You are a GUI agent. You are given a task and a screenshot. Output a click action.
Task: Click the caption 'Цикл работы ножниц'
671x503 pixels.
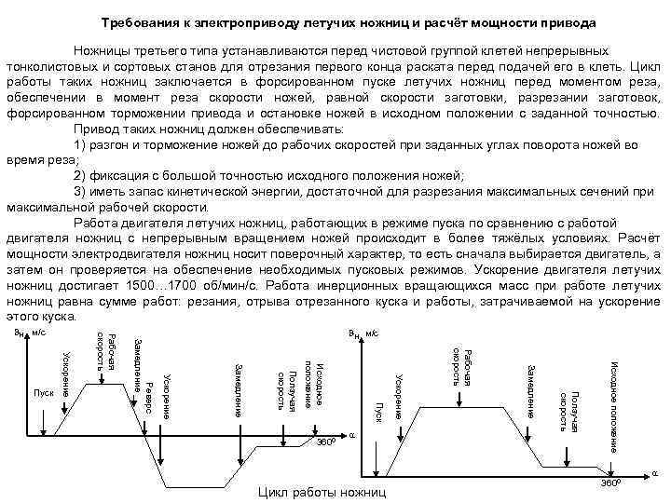322,491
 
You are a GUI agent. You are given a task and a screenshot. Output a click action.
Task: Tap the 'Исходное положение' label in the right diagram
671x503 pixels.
615,406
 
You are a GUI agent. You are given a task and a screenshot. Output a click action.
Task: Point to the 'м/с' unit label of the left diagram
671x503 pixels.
39,332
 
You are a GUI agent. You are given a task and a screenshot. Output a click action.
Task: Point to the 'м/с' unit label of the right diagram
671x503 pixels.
372,332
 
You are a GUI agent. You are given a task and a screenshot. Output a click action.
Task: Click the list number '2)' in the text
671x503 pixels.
81,175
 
